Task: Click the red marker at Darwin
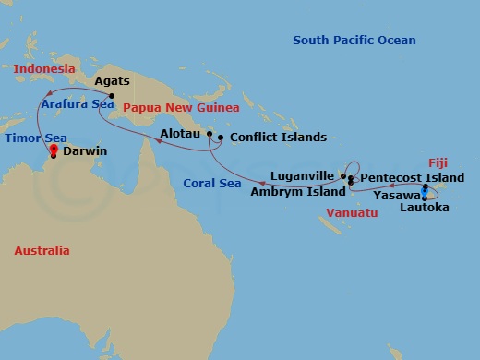[54, 149]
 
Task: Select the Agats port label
[113, 81]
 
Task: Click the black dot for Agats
[111, 96]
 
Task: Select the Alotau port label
[181, 135]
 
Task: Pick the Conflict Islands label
[278, 138]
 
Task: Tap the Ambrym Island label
[294, 192]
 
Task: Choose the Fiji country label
[438, 160]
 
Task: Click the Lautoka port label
[426, 210]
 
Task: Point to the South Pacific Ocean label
[354, 41]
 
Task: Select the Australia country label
[42, 250]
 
